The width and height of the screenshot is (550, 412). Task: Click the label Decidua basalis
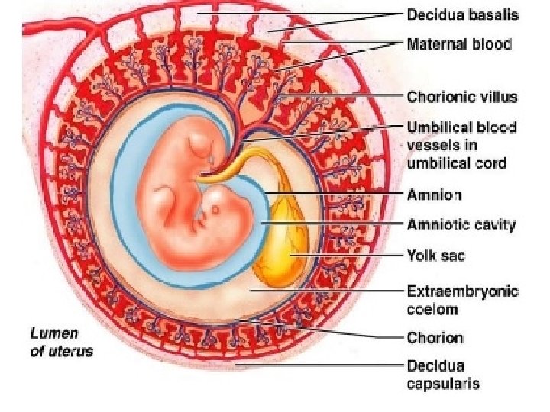coord(462,14)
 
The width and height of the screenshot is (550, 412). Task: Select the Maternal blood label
coord(458,43)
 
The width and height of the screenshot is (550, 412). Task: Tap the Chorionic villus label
coord(462,97)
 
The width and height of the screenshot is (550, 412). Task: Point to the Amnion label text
coord(434,195)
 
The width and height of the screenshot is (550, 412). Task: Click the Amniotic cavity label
coord(461,224)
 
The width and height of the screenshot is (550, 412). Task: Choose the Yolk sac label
coord(435,255)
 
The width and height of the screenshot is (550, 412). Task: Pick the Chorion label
coord(435,337)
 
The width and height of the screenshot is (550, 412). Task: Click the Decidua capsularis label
coord(443,374)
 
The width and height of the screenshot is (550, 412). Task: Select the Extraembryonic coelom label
coord(462,300)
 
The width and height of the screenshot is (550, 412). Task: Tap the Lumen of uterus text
coord(61,342)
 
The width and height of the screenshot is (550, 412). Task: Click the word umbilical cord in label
coord(456,163)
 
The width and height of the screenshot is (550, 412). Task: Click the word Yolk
coord(421,255)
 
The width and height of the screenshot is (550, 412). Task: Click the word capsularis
coord(443,383)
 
